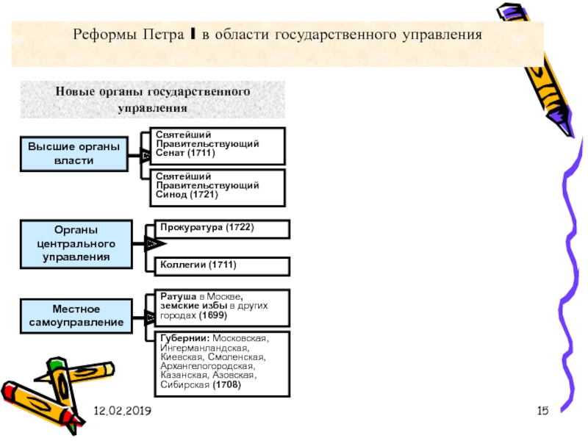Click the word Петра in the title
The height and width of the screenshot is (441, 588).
click(163, 35)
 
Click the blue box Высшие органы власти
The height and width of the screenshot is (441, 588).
click(74, 154)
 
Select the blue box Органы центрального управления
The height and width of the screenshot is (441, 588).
click(76, 244)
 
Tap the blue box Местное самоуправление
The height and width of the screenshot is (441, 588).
click(76, 316)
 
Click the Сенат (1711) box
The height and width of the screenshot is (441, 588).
click(218, 146)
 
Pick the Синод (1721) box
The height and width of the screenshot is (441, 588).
click(218, 188)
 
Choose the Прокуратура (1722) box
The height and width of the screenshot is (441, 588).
click(222, 229)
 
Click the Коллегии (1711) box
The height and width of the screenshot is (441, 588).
click(222, 267)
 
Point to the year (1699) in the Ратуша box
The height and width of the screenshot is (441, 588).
click(213, 315)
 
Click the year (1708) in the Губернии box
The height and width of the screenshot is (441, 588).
click(226, 384)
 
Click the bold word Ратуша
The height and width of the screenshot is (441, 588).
click(178, 297)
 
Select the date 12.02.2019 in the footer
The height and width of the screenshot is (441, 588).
click(122, 411)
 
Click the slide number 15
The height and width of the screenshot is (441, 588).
click(542, 411)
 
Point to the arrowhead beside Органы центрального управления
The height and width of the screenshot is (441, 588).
click(155, 244)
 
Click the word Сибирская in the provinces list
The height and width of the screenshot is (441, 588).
click(185, 385)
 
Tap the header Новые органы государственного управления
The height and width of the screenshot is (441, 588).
click(153, 100)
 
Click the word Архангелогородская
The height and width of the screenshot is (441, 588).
click(207, 366)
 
